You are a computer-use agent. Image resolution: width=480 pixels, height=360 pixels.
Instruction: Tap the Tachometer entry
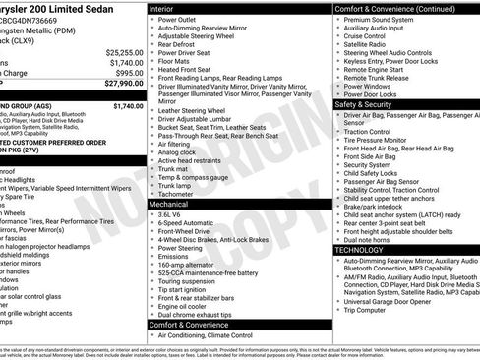pos(178,194)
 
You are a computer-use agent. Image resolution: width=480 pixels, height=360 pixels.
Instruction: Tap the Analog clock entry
pos(178,152)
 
